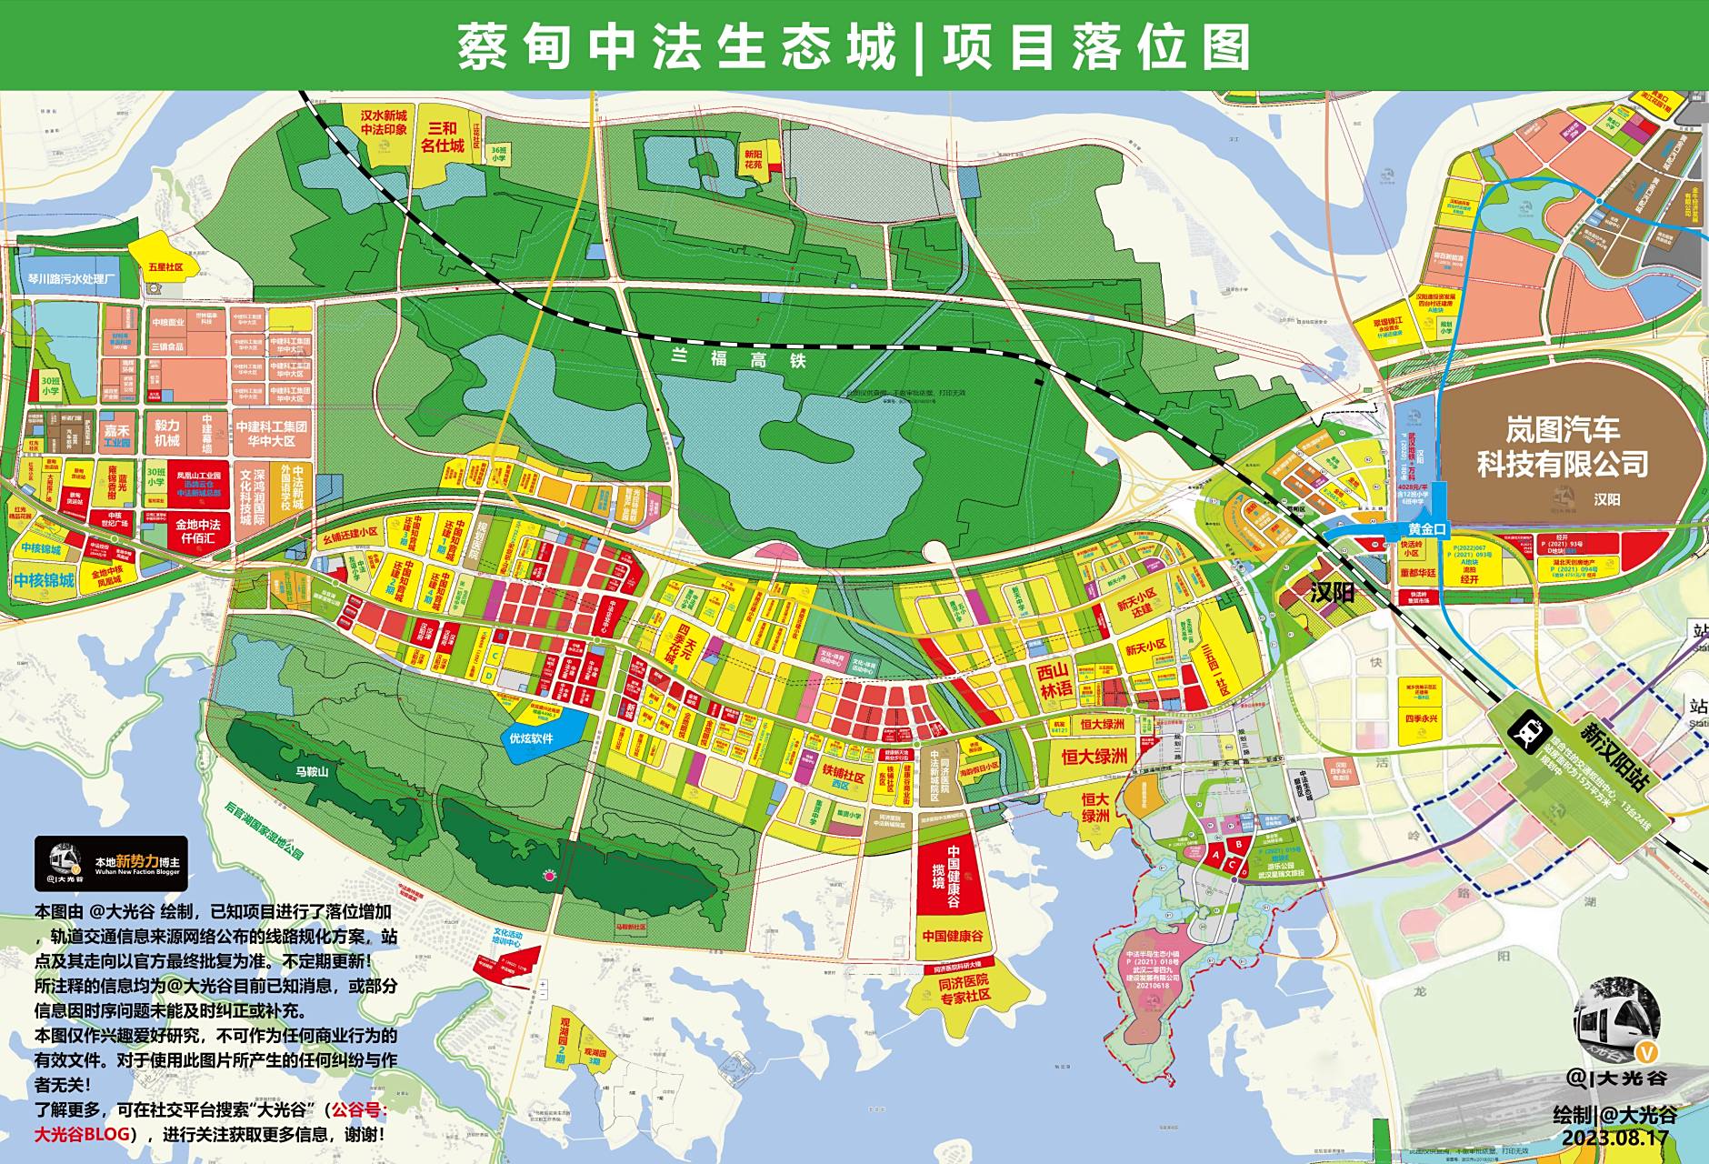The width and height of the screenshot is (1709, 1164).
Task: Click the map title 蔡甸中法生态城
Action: click(x=676, y=46)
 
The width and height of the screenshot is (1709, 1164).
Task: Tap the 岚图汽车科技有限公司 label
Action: click(x=1562, y=447)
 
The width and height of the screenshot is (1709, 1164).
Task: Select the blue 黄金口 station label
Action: click(x=1425, y=529)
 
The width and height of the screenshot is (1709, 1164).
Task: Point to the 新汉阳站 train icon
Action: click(x=1522, y=728)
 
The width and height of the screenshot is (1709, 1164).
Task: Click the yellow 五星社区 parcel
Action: click(x=165, y=259)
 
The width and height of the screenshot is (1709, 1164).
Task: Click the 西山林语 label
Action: click(x=1054, y=679)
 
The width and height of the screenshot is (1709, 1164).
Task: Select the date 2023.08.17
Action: click(x=1614, y=1138)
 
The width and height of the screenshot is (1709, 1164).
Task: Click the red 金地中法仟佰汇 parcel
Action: click(x=197, y=530)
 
